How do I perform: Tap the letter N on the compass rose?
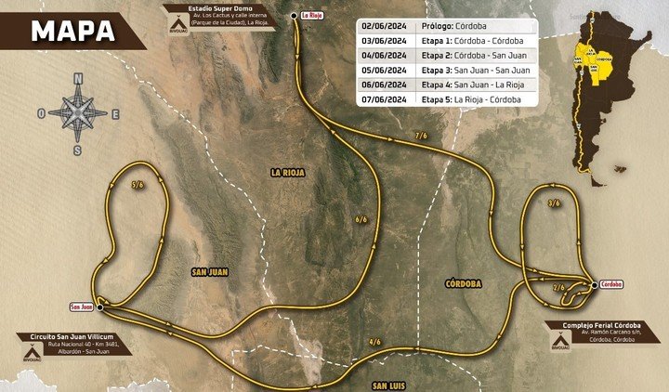tap(78, 78)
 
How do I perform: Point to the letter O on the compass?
tap(41, 113)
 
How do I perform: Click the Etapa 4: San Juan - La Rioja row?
tap(471, 84)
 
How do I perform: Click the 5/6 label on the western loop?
tap(138, 185)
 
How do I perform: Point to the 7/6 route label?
tap(421, 136)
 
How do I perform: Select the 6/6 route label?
tap(361, 219)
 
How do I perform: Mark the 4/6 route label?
tap(374, 342)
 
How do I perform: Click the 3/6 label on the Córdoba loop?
tap(554, 202)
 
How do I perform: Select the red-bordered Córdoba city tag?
tap(610, 284)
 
